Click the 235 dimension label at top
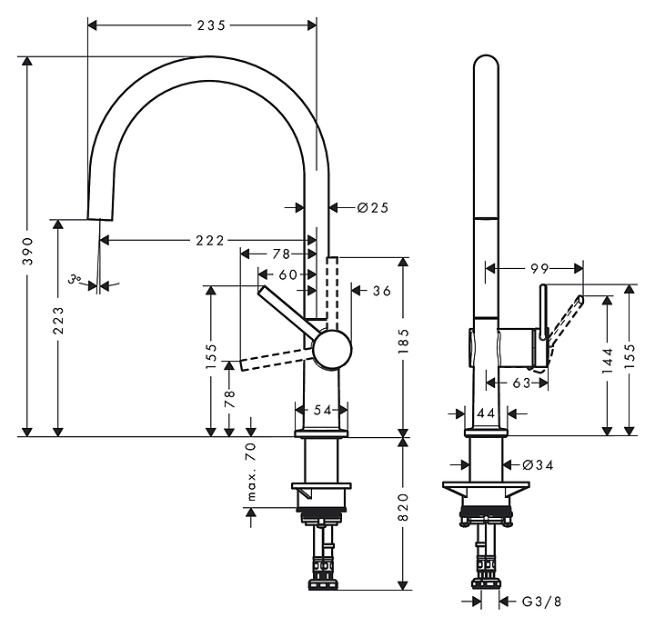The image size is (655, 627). [x=211, y=25]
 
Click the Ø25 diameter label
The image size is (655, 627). [x=373, y=208]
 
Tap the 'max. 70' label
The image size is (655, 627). [x=252, y=472]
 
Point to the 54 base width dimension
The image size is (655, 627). [x=322, y=411]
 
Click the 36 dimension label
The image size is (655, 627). [x=382, y=291]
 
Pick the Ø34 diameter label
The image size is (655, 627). [x=539, y=465]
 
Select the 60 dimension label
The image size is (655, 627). [x=287, y=274]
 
